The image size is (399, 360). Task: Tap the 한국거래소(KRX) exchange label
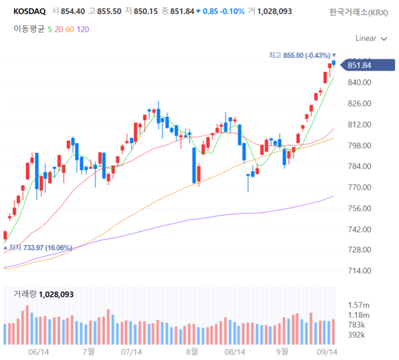[359, 12]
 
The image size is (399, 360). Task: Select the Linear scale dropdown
[370, 38]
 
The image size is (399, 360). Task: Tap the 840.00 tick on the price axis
[358, 83]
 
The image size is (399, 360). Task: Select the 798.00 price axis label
[358, 146]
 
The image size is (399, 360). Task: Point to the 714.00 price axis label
[358, 271]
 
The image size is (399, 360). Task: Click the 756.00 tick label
[358, 208]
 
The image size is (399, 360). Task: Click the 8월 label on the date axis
[192, 351]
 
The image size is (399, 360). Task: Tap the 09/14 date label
[325, 351]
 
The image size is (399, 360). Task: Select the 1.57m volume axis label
[358, 305]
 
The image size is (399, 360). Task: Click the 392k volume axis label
[357, 335]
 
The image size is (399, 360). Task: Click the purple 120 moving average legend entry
[82, 29]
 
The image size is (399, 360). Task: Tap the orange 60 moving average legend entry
[70, 29]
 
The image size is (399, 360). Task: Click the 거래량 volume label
[25, 293]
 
